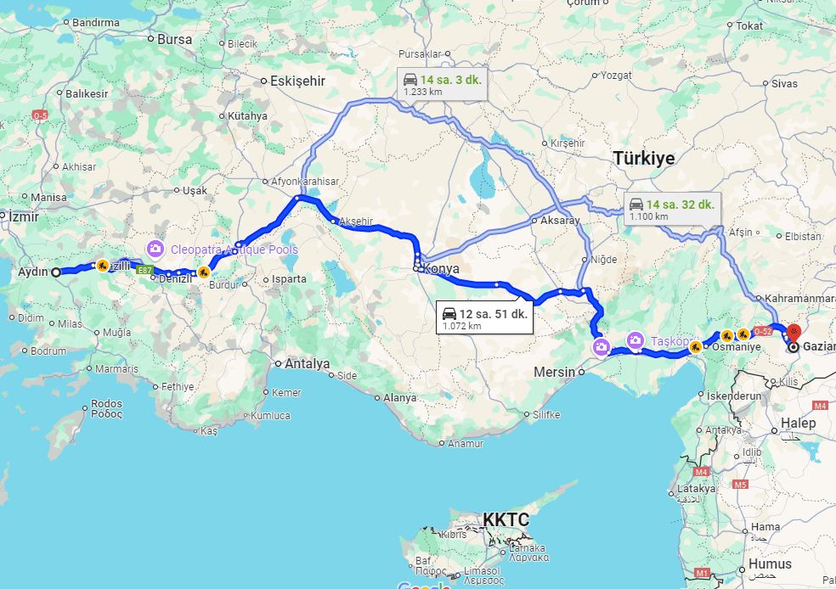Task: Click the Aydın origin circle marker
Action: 55,272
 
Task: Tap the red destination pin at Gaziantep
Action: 794,332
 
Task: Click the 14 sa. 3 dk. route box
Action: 442,83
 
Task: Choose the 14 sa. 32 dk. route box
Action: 670,209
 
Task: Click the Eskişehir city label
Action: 297,81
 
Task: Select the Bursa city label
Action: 175,39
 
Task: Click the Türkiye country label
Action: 643,159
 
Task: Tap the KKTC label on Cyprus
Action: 506,519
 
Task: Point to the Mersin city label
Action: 554,372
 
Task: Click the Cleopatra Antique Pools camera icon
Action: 155,249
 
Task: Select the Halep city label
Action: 799,423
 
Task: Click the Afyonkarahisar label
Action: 304,182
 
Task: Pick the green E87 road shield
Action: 145,270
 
